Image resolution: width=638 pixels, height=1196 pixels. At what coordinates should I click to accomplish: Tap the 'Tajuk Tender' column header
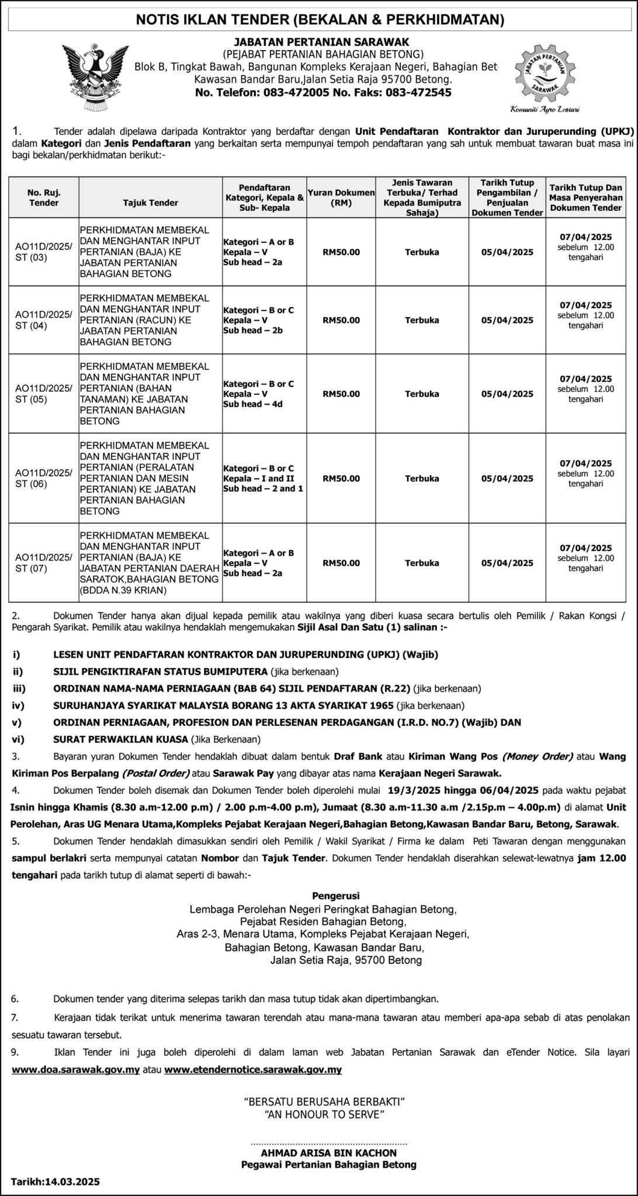[151, 203]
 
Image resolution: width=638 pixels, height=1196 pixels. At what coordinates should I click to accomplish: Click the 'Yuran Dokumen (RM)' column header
[341, 197]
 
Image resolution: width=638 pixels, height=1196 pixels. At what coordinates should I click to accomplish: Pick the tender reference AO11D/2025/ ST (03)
[44, 252]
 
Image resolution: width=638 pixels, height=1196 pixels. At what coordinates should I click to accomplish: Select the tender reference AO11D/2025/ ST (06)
[44, 478]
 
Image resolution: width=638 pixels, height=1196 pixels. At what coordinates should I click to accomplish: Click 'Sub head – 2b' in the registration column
[253, 331]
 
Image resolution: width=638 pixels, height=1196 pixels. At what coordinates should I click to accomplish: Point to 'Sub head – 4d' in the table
[253, 404]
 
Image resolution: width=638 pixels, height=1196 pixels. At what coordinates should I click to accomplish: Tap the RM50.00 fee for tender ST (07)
[341, 563]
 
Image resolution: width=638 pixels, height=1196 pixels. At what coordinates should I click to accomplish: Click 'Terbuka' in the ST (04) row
[422, 320]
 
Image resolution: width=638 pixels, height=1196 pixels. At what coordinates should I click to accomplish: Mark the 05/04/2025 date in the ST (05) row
[507, 394]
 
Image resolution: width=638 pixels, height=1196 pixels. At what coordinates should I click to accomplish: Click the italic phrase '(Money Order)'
[537, 756]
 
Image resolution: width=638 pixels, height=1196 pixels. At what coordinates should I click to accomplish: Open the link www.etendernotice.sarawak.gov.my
[253, 1070]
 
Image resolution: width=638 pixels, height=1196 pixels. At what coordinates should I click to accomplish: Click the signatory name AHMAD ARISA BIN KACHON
[329, 1153]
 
